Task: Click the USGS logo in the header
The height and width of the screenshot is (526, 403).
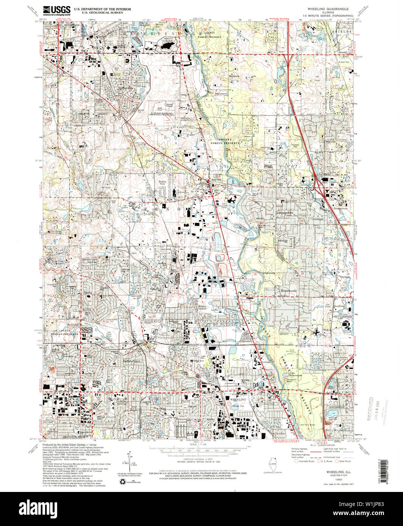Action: pyautogui.click(x=57, y=10)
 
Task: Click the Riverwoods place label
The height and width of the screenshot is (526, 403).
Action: pyautogui.click(x=288, y=291)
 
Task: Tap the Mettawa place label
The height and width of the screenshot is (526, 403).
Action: pyautogui.click(x=234, y=76)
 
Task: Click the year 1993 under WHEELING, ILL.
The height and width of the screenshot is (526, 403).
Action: pyautogui.click(x=333, y=479)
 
